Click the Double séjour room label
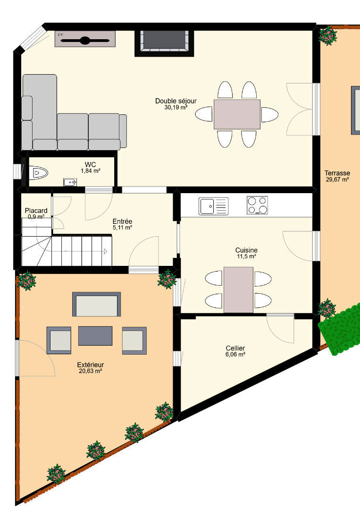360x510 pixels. tap(176, 101)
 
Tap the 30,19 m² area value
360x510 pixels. tap(176, 107)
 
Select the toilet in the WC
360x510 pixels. tap(38, 173)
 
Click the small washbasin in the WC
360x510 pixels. tap(70, 182)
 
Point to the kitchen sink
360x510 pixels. tap(213, 206)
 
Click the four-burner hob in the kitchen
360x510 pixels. tap(257, 205)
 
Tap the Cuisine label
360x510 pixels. tap(246, 250)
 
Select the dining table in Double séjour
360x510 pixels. tap(237, 114)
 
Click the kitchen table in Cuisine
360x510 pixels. tap(238, 290)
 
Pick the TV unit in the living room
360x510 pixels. tap(85, 39)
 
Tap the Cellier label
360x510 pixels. tap(235, 348)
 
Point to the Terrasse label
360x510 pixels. tap(337, 173)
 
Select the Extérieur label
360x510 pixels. tap(90, 365)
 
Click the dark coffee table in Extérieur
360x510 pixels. tap(95, 336)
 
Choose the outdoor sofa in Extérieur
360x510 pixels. tap(97, 304)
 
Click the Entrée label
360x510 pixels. tap(122, 221)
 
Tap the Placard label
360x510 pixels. tap(36, 211)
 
